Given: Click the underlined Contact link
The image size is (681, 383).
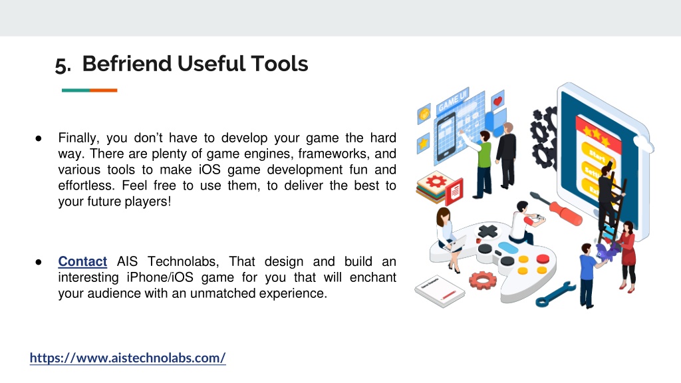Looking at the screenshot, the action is [82, 261].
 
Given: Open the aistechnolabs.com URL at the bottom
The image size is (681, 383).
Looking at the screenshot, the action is [128, 358].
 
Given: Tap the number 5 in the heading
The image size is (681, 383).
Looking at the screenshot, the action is [61, 65].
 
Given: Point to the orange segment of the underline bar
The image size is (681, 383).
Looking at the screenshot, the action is [103, 90].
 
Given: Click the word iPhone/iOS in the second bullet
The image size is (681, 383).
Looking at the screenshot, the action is [160, 277].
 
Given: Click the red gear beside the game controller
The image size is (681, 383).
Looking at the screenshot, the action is [483, 280].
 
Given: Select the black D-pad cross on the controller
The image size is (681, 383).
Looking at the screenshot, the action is [487, 231].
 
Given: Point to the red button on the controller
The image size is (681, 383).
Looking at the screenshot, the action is [543, 259].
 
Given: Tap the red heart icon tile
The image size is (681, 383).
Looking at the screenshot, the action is [497, 100].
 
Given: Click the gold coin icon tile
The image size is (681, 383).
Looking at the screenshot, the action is [424, 114].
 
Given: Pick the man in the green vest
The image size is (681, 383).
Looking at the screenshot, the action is [483, 165].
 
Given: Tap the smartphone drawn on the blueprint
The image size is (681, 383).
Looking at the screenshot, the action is [446, 136].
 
